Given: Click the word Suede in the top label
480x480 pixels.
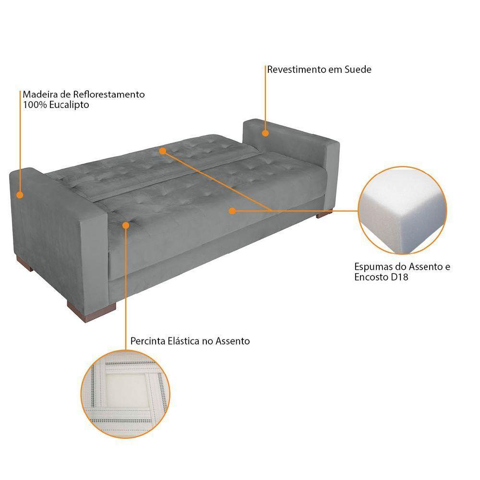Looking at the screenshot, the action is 358,70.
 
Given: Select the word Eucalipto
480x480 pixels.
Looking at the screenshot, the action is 69,105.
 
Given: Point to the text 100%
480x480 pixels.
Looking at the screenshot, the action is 35,105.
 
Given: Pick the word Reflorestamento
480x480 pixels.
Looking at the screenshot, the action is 108,94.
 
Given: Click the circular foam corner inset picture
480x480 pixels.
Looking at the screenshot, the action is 403,210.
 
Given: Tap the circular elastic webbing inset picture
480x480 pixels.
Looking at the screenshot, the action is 125,394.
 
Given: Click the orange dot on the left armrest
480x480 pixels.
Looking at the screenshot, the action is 20,195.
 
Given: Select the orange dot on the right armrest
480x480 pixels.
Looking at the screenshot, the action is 265,133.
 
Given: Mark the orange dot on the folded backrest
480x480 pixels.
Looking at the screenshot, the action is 163,151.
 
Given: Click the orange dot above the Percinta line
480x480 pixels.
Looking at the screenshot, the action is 125,225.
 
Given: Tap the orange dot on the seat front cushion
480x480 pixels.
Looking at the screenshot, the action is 232,211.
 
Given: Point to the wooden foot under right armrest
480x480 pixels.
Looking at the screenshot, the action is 324,214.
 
